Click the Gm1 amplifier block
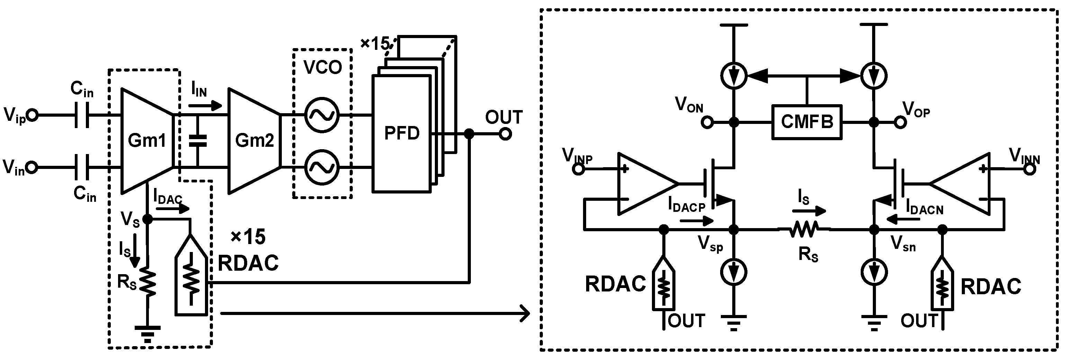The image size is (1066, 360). [x=146, y=141]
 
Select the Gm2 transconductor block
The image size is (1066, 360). [x=254, y=141]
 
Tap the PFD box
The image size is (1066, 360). [x=401, y=133]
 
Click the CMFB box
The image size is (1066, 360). [x=807, y=122]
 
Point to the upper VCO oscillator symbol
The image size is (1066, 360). [x=322, y=115]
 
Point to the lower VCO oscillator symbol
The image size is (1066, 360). [x=322, y=167]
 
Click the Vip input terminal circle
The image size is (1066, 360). [x=32, y=116]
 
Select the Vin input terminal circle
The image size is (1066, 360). [x=32, y=168]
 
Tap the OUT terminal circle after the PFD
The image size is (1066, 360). [x=505, y=134]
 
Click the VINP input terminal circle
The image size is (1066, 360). [x=579, y=169]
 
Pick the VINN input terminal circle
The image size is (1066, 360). [x=1030, y=169]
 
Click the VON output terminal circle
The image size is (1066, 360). [x=708, y=123]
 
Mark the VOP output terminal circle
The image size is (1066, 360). [x=899, y=123]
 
